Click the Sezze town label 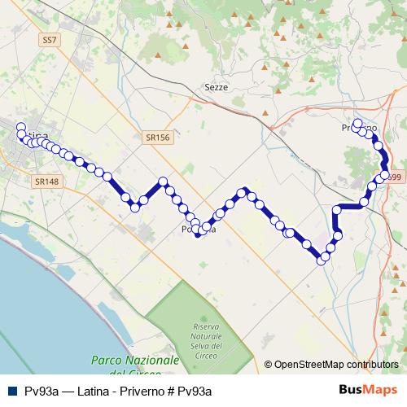click(x=217, y=87)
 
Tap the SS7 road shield click(x=51, y=38)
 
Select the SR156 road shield click(x=158, y=138)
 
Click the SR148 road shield click(x=46, y=182)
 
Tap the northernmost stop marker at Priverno click(x=357, y=123)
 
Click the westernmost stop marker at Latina click(x=20, y=126)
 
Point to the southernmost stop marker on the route click(x=322, y=261)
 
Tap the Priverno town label click(x=359, y=129)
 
